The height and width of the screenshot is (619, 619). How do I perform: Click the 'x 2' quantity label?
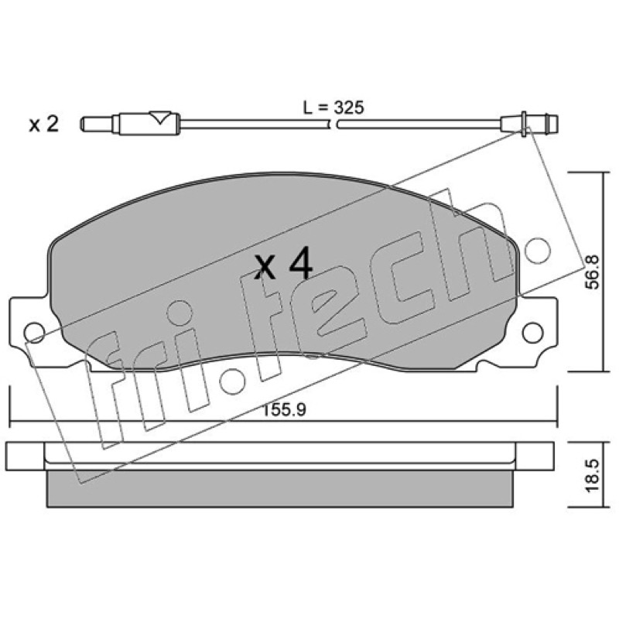[44, 125]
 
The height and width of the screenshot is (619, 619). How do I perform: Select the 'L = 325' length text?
[333, 108]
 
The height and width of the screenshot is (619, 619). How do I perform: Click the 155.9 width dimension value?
[284, 410]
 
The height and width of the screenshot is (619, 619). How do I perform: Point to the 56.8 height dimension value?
[593, 272]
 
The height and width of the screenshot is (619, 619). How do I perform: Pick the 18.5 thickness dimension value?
[593, 475]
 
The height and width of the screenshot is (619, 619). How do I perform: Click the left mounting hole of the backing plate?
[34, 333]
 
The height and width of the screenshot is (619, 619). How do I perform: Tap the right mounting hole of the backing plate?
[532, 333]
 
